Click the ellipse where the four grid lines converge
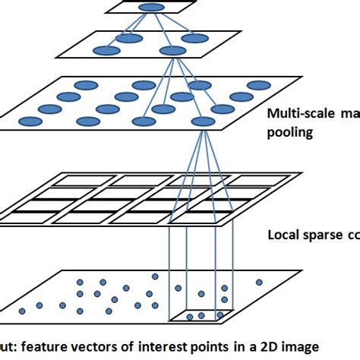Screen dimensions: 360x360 click(x=203, y=122)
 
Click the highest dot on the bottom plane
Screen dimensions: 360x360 click(x=156, y=277)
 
